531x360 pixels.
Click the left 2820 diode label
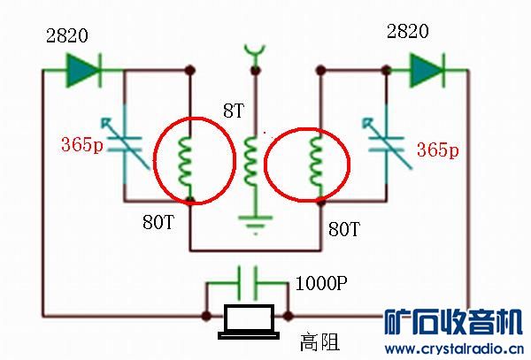click(68, 36)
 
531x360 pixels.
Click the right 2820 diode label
click(408, 32)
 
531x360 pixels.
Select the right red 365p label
click(437, 150)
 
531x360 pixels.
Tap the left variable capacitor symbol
click(125, 146)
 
